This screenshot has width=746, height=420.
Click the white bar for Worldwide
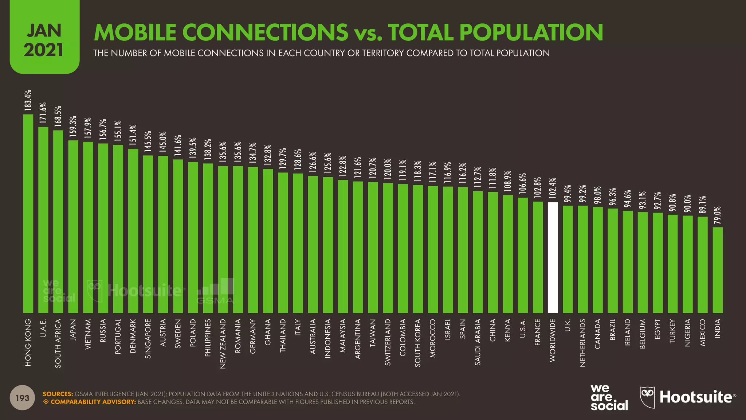coord(553,257)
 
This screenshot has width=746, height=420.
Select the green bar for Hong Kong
coord(28,214)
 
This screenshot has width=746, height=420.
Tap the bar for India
coord(718,270)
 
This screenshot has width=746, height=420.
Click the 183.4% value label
coord(28,100)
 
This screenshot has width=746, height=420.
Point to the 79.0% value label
coord(718,215)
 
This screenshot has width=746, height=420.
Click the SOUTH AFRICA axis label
coord(58,343)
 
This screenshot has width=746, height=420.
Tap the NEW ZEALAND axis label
coord(223,344)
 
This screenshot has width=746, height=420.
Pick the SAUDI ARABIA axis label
coord(478,342)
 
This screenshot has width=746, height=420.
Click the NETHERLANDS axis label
coord(582,343)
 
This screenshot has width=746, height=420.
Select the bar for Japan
coord(73,226)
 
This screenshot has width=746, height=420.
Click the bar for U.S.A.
coord(523,255)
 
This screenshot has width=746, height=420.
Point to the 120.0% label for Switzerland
coord(388,169)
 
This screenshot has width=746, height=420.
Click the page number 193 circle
coord(22,398)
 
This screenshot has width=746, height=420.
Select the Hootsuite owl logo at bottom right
coord(647,397)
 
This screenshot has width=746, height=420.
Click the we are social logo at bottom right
coord(609,397)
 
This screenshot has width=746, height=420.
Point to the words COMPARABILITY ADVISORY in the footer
coord(93,402)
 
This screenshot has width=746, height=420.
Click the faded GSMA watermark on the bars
coord(216,292)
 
